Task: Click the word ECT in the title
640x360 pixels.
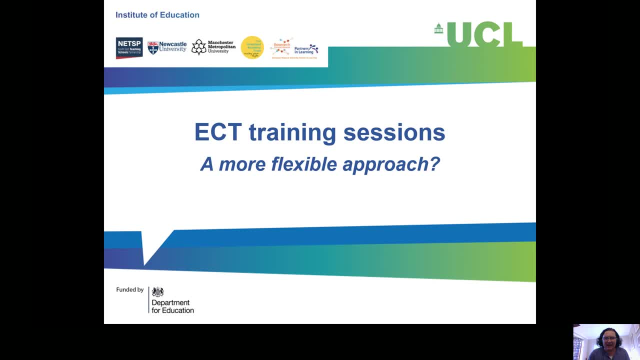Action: (217, 133)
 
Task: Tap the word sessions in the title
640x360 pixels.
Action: (394, 133)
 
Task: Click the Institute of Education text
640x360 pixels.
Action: (157, 15)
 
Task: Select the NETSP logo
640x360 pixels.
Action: (129, 48)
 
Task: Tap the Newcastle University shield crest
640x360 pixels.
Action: (152, 48)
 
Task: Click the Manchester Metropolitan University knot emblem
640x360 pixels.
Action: (198, 47)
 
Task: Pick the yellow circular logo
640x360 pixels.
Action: (252, 47)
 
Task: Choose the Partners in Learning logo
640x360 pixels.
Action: (306, 49)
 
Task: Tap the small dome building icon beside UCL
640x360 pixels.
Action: (438, 28)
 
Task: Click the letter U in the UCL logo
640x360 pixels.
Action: (459, 34)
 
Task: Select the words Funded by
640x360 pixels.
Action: (129, 289)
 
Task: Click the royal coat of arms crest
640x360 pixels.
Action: (158, 292)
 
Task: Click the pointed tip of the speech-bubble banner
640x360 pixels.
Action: (144, 264)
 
